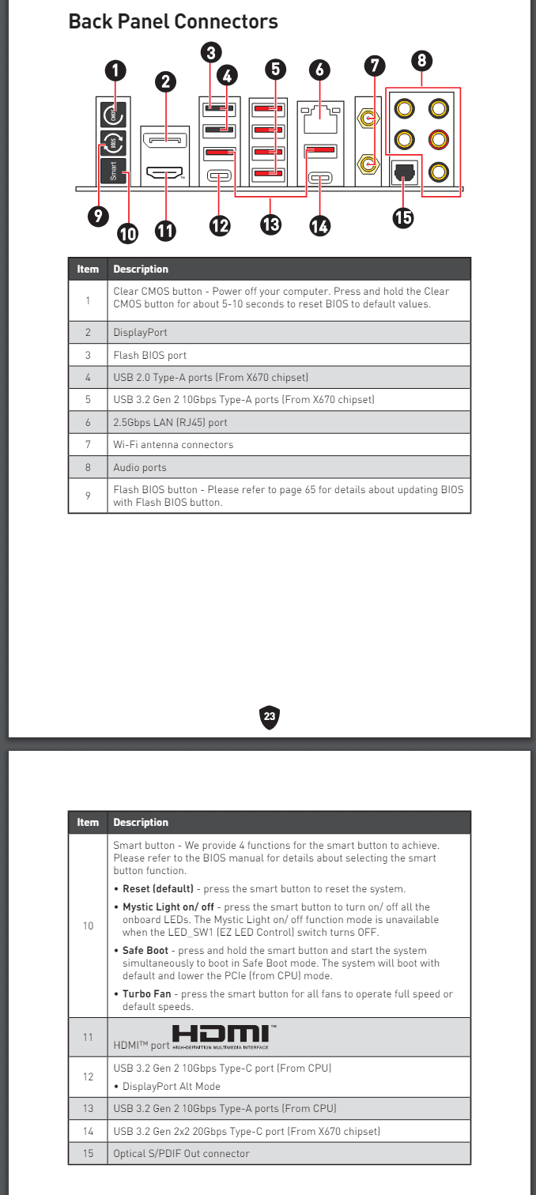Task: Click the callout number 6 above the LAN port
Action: click(319, 70)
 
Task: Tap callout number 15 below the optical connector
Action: click(403, 217)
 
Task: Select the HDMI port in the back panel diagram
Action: click(165, 172)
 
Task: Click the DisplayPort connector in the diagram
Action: click(165, 141)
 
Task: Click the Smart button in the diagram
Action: click(113, 171)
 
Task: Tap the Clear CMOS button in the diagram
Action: click(113, 116)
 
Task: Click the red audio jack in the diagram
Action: click(437, 140)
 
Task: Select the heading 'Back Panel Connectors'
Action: click(173, 22)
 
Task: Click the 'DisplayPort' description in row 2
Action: click(140, 333)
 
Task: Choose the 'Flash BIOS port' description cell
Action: click(150, 355)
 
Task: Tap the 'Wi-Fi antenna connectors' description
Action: click(173, 445)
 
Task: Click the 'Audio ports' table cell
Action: click(140, 467)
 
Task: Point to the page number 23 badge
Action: click(270, 716)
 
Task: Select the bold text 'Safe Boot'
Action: click(145, 950)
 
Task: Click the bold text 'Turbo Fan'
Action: click(146, 993)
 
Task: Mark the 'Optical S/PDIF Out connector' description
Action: click(181, 1153)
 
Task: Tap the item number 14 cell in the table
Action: click(88, 1131)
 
